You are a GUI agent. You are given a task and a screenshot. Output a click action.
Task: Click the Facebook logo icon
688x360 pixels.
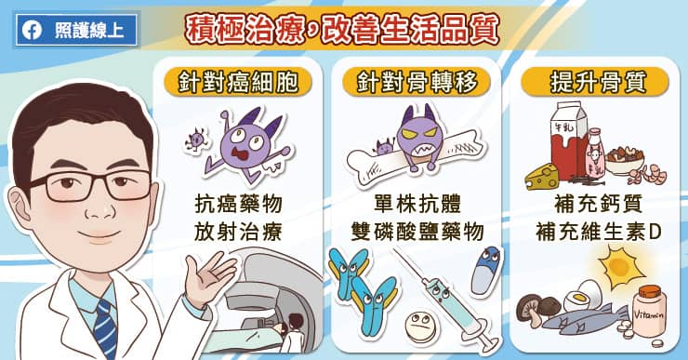(x=32, y=31)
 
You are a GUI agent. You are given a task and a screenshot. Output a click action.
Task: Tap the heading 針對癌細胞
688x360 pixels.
(x=238, y=82)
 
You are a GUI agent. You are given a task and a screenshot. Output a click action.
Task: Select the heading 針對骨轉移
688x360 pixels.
(x=417, y=82)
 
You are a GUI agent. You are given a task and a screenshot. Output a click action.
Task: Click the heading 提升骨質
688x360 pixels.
(x=598, y=82)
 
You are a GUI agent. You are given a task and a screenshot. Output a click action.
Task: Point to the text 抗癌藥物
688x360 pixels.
(x=238, y=204)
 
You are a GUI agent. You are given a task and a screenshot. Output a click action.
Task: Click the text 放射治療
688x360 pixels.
(x=238, y=232)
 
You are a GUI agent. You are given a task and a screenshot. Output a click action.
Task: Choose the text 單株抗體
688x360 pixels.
(x=417, y=204)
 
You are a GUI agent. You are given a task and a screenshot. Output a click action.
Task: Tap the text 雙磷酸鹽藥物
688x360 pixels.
(x=417, y=232)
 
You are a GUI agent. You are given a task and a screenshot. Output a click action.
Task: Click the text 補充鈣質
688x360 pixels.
(x=598, y=204)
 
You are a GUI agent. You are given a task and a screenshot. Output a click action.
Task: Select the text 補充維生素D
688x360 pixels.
(x=598, y=232)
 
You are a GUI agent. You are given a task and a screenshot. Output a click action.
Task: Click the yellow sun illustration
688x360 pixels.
(x=621, y=267)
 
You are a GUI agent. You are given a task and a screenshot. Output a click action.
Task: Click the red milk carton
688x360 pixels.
(x=569, y=141)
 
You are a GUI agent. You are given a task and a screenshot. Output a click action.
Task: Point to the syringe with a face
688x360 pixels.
(x=445, y=300)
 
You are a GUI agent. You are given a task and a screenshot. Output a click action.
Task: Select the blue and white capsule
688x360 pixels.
(x=485, y=271)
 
